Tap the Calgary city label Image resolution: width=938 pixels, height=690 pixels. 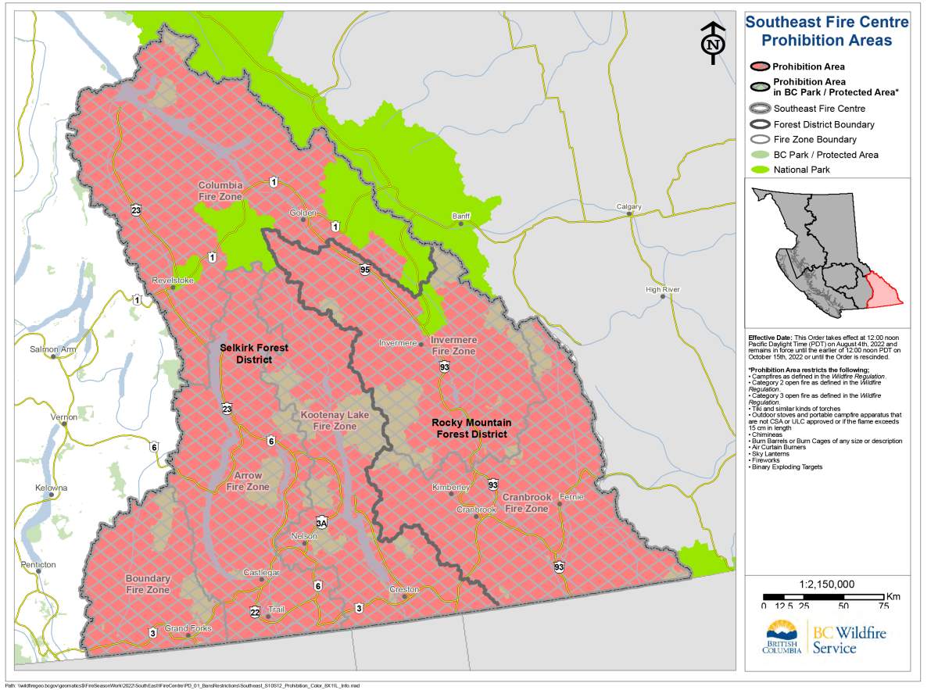tap(628, 207)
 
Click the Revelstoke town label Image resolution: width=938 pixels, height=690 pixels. tap(173, 280)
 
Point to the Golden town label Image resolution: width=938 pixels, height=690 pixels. tap(303, 213)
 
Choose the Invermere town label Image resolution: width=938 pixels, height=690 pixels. tap(399, 343)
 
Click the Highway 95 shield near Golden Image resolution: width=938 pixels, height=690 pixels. tap(365, 270)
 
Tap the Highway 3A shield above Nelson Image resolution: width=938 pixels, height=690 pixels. tap(321, 522)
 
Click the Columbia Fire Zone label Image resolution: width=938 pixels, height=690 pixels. tap(220, 191)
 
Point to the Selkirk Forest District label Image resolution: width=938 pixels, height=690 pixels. tap(245, 353)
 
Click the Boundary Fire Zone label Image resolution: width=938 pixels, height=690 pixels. tap(148, 584)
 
